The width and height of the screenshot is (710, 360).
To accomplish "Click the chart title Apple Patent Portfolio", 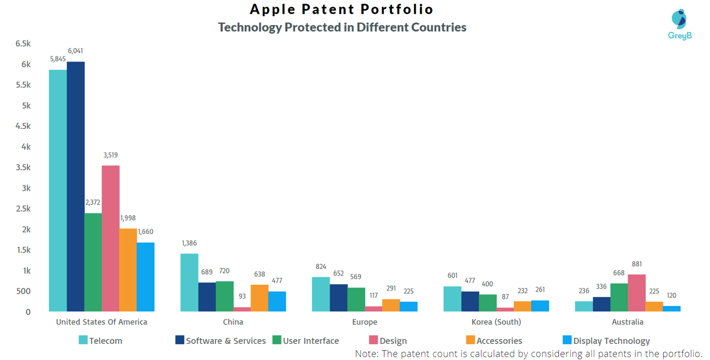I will click(x=342, y=9).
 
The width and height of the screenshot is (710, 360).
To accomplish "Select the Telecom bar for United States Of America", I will click(x=58, y=190).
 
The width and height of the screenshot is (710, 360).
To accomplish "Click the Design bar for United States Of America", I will click(x=111, y=238).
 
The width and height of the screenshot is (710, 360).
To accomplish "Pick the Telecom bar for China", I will click(x=190, y=282).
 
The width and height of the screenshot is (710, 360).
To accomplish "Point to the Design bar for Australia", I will click(x=637, y=293).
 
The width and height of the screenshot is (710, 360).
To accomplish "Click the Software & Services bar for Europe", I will click(x=338, y=298).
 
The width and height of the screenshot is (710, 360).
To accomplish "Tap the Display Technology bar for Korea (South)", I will click(x=540, y=305).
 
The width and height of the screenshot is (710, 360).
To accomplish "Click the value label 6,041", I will click(x=76, y=51).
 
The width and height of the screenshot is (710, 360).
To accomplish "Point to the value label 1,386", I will click(x=190, y=243).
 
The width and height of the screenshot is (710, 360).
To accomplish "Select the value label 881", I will click(x=637, y=264).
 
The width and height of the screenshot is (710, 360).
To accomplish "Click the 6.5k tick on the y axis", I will click(x=23, y=44).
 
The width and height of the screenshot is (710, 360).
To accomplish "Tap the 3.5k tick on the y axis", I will click(x=23, y=167).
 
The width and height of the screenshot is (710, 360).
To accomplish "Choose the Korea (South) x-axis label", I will click(x=496, y=322).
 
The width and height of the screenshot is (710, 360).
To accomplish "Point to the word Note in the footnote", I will click(x=366, y=354).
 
